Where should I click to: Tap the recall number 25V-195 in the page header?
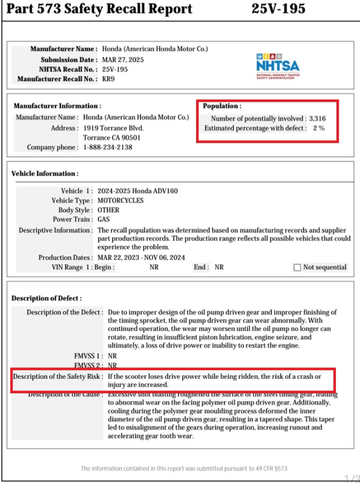[x=278, y=9]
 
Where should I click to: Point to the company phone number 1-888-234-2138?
[x=108, y=147]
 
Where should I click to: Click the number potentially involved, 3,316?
[x=317, y=118]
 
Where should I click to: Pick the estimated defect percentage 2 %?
[x=319, y=128]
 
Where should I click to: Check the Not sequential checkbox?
[x=297, y=267]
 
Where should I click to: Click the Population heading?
[x=222, y=106]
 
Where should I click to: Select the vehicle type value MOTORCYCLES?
[x=121, y=201]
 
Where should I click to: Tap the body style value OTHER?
[x=108, y=210]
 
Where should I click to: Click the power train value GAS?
[x=104, y=219]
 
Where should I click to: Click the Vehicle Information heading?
[x=45, y=173]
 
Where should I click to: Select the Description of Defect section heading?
[x=47, y=298]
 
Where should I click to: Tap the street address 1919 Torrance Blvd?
[x=113, y=128]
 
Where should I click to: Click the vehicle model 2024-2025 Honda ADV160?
[x=137, y=191]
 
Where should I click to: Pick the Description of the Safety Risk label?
[x=58, y=376]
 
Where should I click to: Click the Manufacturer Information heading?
[x=57, y=106]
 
